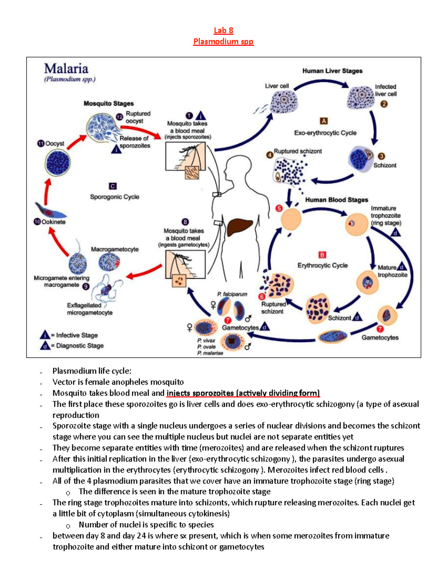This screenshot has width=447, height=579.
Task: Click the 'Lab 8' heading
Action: pyautogui.click(x=223, y=31)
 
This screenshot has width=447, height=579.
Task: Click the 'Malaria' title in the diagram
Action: pyautogui.click(x=66, y=69)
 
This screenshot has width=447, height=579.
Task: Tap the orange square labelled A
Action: pyautogui.click(x=324, y=121)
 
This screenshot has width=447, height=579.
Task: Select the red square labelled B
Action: pyautogui.click(x=322, y=255)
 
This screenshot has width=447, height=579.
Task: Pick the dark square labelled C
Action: pyautogui.click(x=112, y=186)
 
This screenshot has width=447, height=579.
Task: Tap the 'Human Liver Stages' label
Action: pyautogui.click(x=332, y=71)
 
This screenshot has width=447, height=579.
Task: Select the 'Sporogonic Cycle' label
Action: pyautogui.click(x=114, y=197)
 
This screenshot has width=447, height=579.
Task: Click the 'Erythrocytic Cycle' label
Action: pyautogui.click(x=322, y=265)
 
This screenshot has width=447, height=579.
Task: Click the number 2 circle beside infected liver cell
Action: pyautogui.click(x=384, y=104)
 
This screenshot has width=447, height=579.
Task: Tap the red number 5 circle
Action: pyautogui.click(x=279, y=208)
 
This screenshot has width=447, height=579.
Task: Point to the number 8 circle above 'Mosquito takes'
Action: pyautogui.click(x=185, y=222)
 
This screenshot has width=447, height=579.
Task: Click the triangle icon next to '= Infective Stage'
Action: pyautogui.click(x=45, y=335)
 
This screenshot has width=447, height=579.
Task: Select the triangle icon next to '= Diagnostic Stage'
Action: pyautogui.click(x=45, y=346)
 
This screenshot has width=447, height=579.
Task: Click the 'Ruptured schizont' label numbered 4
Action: pyautogui.click(x=298, y=151)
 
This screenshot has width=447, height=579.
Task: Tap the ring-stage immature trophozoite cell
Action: pyautogui.click(x=356, y=224)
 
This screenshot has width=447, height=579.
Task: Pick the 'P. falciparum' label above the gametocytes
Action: pyautogui.click(x=232, y=294)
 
